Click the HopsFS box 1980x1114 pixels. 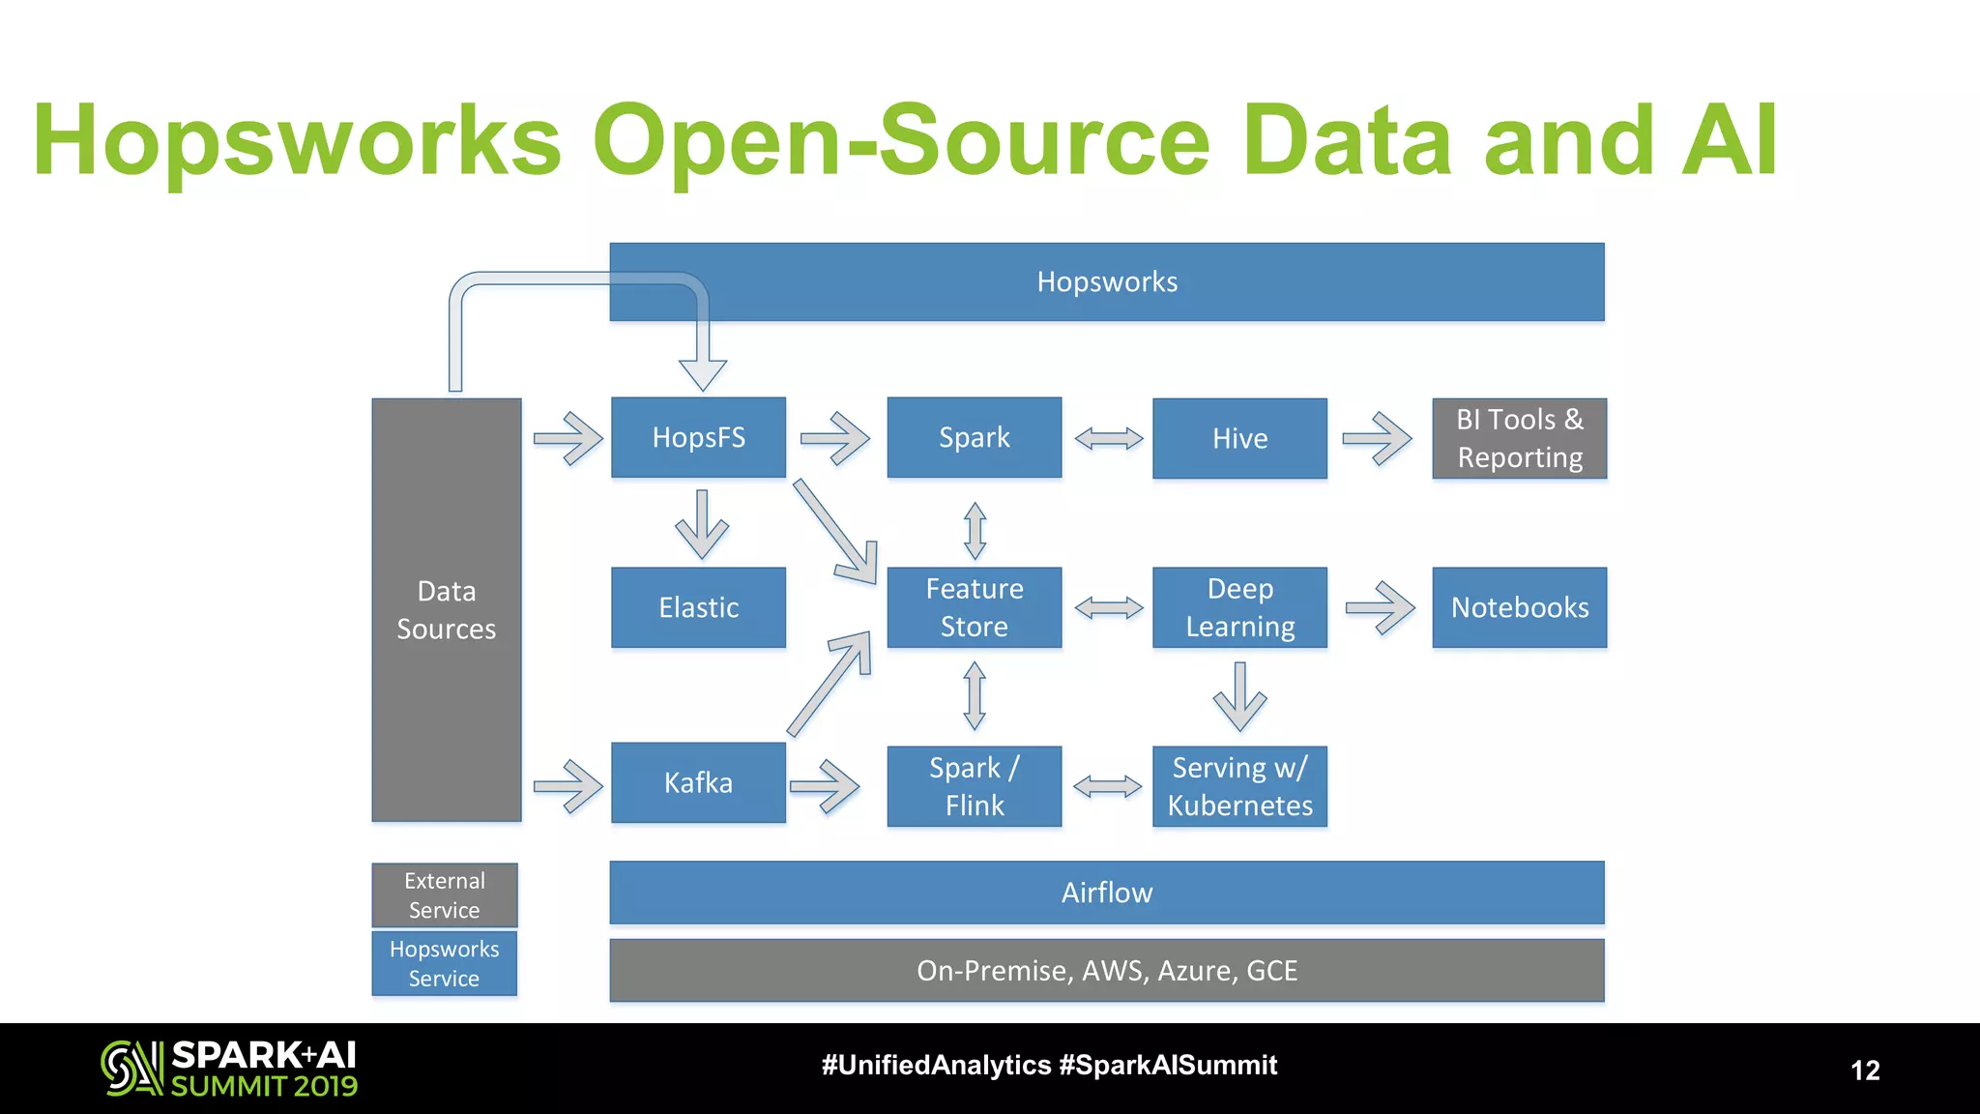coord(698,437)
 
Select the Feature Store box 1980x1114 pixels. coord(974,607)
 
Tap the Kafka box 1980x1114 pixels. coord(698,782)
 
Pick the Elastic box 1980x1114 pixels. coord(698,607)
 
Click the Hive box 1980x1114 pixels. coord(1239,438)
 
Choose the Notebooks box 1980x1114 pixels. coord(1519,607)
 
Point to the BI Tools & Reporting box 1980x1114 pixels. coord(1519,438)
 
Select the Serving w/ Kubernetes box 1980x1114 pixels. coord(1239,786)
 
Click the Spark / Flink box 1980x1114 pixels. coord(974,786)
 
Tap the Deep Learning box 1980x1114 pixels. coord(1239,607)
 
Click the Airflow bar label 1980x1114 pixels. coord(1106,892)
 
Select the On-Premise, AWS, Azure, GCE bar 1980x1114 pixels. coord(1106,970)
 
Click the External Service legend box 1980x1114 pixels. coord(445,894)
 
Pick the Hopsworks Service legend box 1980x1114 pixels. coord(445,963)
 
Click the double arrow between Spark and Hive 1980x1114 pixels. coord(1108,439)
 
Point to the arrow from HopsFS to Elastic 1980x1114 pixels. coord(702,525)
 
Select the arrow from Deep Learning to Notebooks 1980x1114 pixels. coord(1380,608)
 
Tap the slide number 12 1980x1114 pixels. coord(1864,1070)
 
